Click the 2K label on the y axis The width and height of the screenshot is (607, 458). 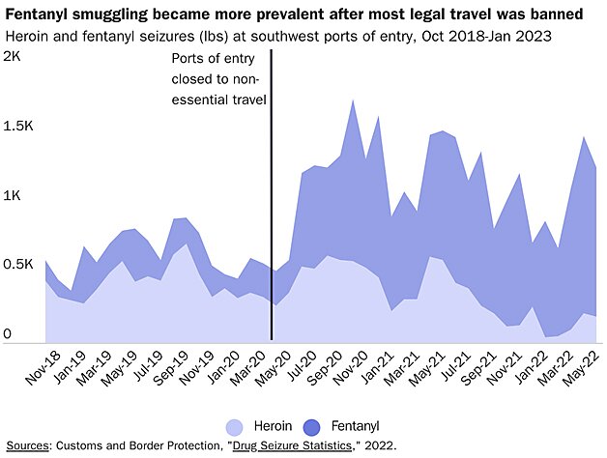13,57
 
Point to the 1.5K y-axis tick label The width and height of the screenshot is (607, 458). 18,127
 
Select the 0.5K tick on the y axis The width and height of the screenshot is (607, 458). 18,265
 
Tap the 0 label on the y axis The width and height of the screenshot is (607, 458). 7,334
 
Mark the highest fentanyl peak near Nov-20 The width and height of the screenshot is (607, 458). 353,100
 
